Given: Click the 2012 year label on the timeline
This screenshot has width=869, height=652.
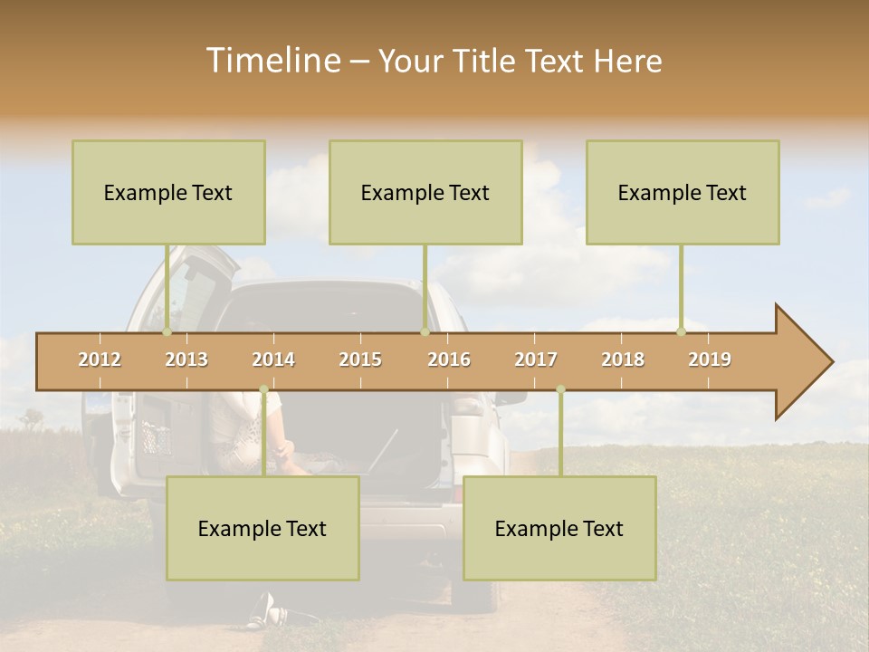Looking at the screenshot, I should coord(100,360).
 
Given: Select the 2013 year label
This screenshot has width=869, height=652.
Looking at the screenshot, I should coord(186,360).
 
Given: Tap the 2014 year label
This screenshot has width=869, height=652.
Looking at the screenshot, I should coord(273,360).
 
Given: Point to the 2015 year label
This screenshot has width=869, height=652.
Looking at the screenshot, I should coord(360,360).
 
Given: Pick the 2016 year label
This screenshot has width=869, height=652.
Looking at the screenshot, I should coord(449,360).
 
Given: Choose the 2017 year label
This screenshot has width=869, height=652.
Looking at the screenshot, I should coord(536,360).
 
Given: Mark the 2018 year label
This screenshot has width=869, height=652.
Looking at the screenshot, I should coord(623,360).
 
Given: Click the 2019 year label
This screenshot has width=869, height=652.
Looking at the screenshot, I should coord(710,360).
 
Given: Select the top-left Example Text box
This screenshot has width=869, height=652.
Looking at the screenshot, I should coord(168,193).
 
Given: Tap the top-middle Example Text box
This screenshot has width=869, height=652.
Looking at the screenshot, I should coord(425,193).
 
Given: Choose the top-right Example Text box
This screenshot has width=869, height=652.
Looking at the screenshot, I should coord(683,193).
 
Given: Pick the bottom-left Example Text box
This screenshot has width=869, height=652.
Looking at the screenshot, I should coord(263,529).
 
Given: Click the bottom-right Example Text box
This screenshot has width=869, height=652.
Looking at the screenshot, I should coord(559,529).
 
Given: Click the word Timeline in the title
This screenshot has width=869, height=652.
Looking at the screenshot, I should coord(272,61).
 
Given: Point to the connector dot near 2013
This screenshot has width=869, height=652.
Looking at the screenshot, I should coord(167,331).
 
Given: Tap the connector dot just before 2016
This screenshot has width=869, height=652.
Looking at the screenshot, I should coord(425,331).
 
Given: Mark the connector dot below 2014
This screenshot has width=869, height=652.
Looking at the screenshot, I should coord(263,389).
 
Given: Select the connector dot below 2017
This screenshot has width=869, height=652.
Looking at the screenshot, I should coord(560,389).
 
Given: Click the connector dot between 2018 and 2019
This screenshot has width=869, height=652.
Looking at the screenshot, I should coord(682,331).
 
